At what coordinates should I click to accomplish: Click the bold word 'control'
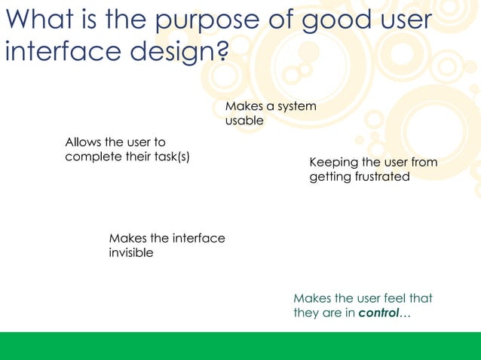[x=378, y=313]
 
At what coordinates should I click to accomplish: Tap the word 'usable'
[x=244, y=121]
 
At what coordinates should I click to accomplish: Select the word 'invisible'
[x=131, y=253]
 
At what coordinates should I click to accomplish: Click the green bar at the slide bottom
[x=240, y=346]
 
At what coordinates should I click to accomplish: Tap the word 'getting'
[x=329, y=178]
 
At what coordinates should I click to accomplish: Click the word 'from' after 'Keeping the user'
[x=423, y=163]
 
